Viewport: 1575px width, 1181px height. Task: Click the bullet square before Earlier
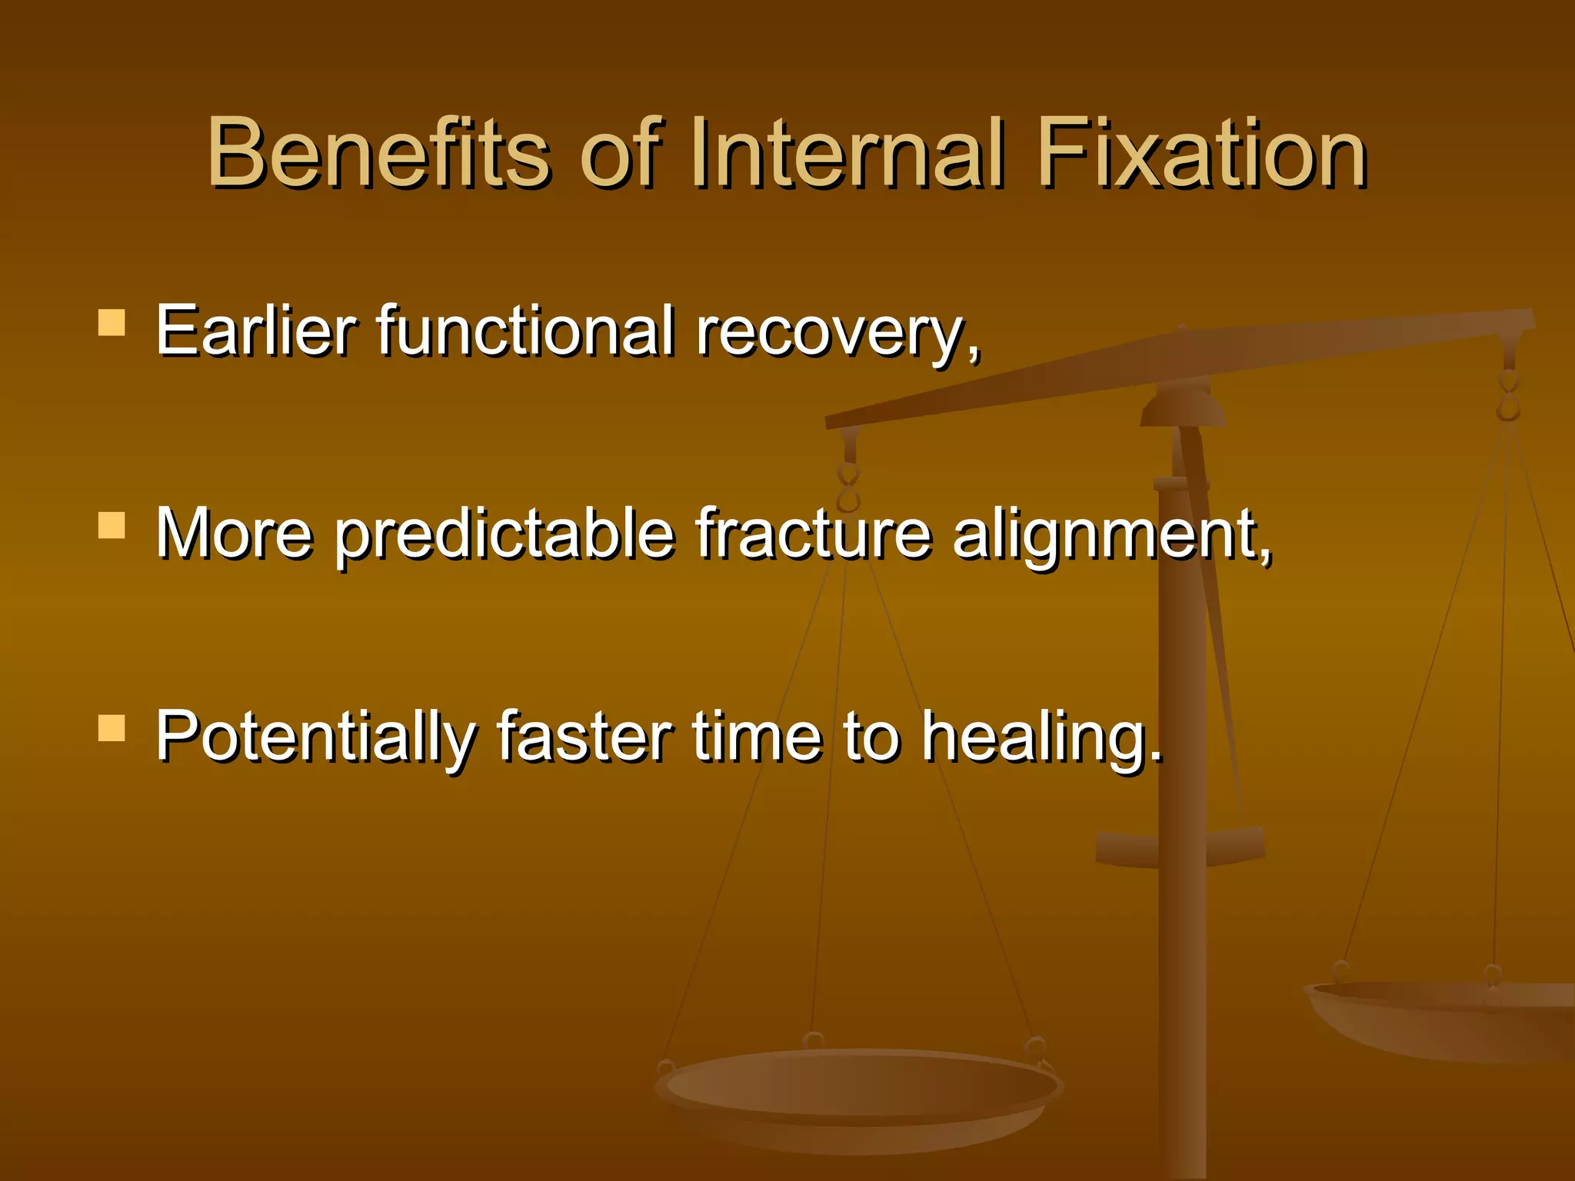tap(112, 323)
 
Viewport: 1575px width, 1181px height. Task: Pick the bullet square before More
tap(112, 526)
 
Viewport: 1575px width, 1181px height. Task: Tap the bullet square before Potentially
tap(112, 728)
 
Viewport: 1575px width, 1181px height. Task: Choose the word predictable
tap(504, 535)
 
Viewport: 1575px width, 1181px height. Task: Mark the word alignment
tap(1107, 535)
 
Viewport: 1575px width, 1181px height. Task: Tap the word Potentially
tap(315, 738)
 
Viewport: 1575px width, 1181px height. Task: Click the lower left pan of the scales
tap(857, 1092)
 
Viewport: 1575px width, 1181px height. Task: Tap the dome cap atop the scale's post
tap(1182, 408)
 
